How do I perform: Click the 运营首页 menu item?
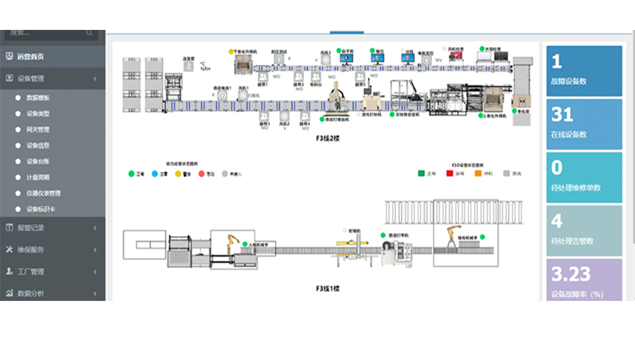(30, 57)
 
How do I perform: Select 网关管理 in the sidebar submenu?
(38, 129)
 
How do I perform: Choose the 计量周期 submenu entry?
(38, 178)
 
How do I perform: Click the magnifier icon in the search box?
(90, 33)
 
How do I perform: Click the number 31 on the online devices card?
(562, 114)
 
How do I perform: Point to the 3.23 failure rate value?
(569, 273)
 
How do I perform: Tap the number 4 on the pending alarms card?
(557, 221)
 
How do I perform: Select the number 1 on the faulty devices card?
(557, 61)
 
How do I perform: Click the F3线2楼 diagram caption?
(327, 138)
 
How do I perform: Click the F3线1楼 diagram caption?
(327, 287)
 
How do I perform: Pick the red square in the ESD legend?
(450, 173)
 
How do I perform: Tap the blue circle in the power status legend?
(154, 173)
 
